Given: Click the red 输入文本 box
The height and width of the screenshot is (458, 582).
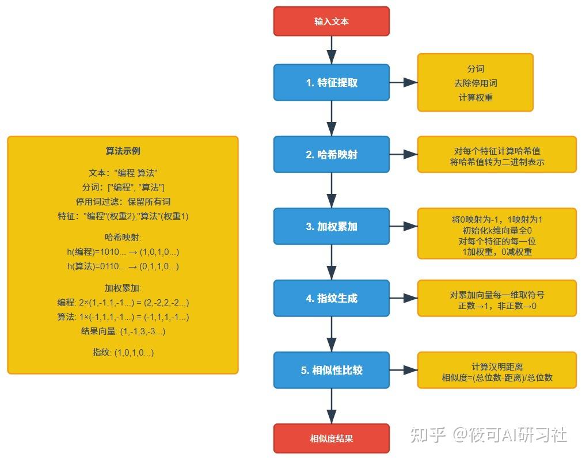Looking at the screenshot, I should (x=331, y=21).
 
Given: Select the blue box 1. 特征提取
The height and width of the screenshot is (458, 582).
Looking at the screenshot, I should (x=331, y=82).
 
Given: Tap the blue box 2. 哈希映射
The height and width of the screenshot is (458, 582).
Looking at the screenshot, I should (x=331, y=154).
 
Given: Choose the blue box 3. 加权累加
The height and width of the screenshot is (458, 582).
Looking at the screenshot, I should (x=331, y=226).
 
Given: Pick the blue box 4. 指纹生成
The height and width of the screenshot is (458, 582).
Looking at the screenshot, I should (x=331, y=298).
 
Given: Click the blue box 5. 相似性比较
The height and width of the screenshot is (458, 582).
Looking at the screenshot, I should (x=331, y=370).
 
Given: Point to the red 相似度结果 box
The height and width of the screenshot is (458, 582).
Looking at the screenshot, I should (x=331, y=438).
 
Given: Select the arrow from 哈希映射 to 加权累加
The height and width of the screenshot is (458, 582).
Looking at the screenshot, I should (x=331, y=190).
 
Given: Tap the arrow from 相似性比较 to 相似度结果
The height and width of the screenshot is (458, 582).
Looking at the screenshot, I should (x=331, y=406).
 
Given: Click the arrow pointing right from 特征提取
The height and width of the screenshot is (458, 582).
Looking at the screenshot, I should (x=404, y=82).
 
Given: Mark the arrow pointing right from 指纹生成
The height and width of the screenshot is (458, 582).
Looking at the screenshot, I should (x=404, y=298).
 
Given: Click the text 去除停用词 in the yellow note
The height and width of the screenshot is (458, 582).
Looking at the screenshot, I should (x=475, y=83).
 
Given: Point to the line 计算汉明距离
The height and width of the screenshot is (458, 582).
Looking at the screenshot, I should (x=496, y=367).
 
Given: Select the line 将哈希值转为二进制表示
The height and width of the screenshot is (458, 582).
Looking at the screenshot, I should (x=496, y=162).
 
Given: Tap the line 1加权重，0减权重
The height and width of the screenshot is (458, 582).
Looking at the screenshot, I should (x=496, y=251).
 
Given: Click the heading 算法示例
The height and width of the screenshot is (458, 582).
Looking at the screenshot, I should (x=123, y=151).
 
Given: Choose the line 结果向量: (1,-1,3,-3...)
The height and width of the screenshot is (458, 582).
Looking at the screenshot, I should (x=123, y=331).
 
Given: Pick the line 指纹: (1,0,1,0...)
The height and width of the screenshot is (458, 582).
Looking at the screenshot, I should (x=123, y=352).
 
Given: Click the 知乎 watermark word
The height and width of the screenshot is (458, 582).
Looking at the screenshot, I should (x=427, y=434).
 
